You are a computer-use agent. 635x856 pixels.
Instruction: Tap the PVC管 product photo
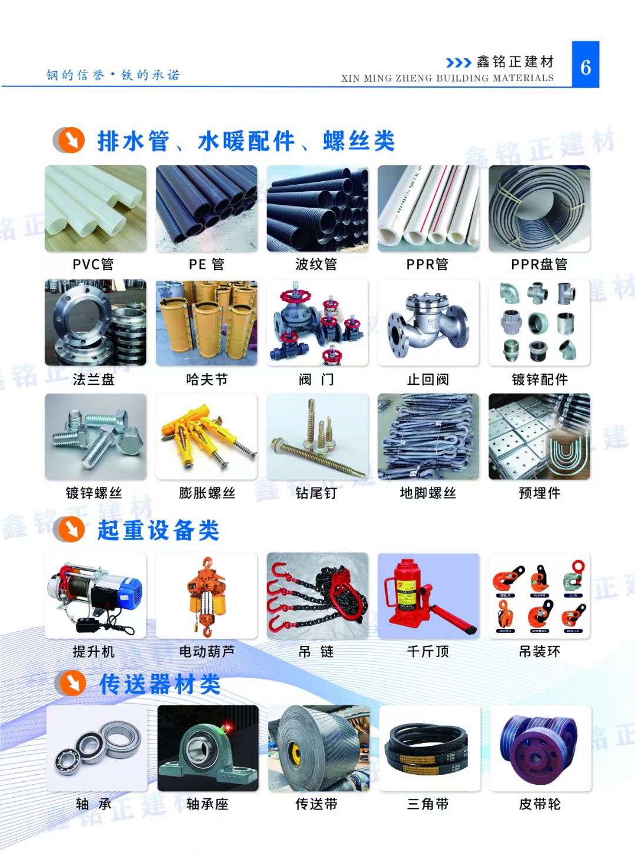tap(95, 208)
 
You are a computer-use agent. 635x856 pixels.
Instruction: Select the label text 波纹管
tap(316, 265)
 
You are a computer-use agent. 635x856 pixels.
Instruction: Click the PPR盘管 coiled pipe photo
tap(539, 208)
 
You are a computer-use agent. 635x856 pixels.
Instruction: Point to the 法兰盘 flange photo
tap(95, 322)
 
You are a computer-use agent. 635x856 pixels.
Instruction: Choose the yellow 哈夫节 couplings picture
tap(206, 322)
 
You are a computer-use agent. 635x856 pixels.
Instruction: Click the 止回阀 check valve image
tap(428, 322)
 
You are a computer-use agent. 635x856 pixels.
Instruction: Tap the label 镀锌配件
tap(539, 379)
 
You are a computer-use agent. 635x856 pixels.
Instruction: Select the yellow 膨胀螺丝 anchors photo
tap(206, 437)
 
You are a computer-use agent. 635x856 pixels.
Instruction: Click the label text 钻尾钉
tap(316, 493)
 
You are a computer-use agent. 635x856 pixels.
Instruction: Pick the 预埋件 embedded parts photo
tap(539, 437)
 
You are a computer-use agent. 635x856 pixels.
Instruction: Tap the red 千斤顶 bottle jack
tap(428, 595)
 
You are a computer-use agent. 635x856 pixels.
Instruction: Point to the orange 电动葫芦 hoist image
tap(206, 595)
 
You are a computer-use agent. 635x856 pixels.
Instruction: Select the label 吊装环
tap(539, 651)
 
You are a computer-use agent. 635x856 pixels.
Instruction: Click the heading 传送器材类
tap(160, 684)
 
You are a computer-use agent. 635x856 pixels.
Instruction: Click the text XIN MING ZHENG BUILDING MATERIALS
tap(447, 78)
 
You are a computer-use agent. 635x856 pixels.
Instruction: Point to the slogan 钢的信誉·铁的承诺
tap(113, 75)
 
